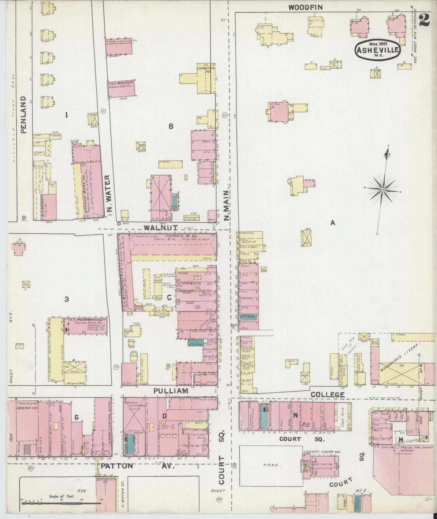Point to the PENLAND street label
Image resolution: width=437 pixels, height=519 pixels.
point(24,115)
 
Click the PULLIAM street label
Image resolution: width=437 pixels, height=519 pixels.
point(171,391)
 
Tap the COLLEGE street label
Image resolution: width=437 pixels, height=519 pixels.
point(328,395)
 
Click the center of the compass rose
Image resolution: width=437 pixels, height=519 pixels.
point(383,190)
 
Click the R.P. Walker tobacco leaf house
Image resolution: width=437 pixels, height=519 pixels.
point(121,89)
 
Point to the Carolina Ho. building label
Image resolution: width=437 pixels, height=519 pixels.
point(206,70)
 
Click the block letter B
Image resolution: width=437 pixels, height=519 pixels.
point(171,126)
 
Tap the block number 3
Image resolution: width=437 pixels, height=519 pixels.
point(67,299)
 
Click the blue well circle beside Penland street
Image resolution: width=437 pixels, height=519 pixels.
point(24,217)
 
